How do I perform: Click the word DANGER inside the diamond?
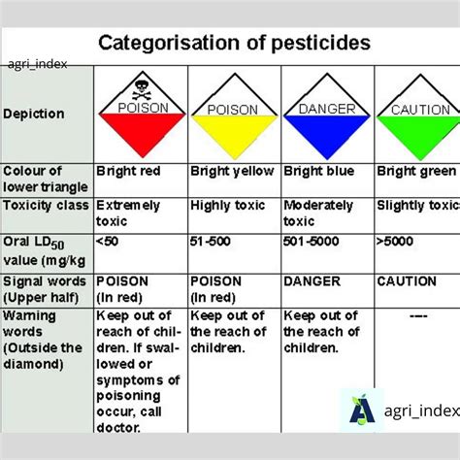pos(327,109)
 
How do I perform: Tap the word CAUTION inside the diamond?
pos(419,110)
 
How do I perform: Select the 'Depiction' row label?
pos(35,114)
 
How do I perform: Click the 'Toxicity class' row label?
pos(46,206)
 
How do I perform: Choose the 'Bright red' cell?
pos(128,171)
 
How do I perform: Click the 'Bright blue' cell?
pos(318,171)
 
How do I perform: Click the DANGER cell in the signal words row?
pos(312,281)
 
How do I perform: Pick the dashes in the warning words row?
pos(418,316)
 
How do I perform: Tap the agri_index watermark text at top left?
pos(36,65)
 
